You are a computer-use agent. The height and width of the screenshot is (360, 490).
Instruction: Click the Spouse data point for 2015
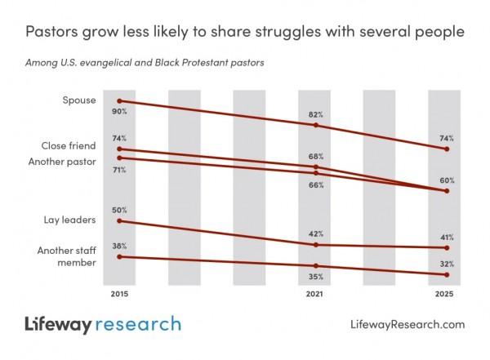click(120, 100)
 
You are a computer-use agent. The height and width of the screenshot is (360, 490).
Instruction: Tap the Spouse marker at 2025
click(446, 149)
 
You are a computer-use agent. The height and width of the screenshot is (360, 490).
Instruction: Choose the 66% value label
click(316, 184)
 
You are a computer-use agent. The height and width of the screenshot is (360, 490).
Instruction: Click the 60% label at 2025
click(446, 180)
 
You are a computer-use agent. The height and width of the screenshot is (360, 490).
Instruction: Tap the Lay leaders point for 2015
click(120, 220)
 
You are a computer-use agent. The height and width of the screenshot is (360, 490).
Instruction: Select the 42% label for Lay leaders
click(316, 234)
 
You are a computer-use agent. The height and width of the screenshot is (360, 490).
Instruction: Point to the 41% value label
click(446, 237)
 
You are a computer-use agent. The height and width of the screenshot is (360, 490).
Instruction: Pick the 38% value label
click(120, 246)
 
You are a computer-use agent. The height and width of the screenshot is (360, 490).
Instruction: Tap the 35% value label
click(316, 278)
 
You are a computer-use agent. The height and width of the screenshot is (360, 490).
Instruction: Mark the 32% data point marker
click(446, 274)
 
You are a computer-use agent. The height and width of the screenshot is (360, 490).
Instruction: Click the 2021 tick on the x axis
click(316, 293)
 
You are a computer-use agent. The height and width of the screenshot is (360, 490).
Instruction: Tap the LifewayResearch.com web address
click(407, 325)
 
